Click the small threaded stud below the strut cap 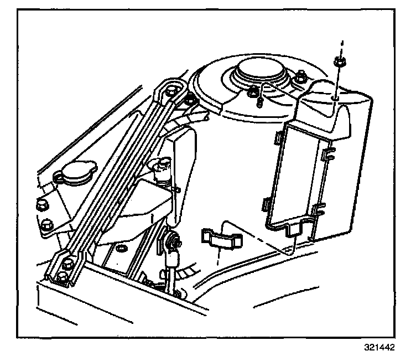point(258,102)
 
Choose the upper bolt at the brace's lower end point(68,263)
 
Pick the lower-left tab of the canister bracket point(264,203)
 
